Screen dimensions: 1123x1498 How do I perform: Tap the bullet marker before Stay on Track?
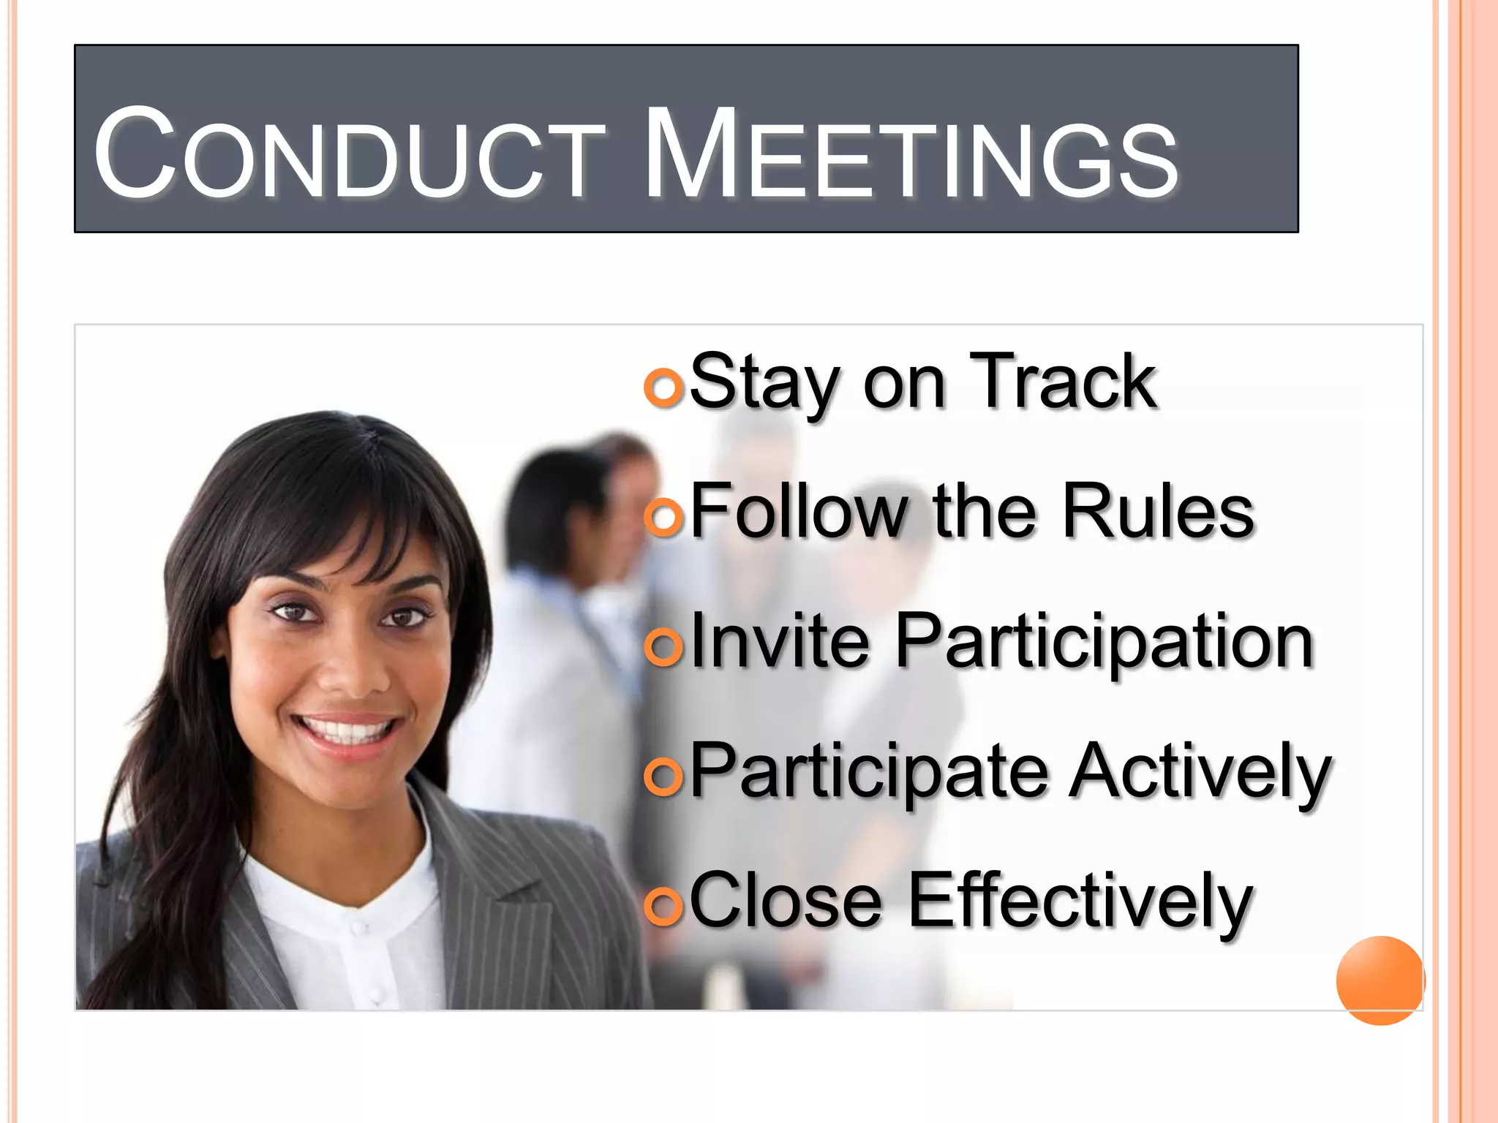[x=663, y=385]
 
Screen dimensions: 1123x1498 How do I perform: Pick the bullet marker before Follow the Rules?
[x=663, y=516]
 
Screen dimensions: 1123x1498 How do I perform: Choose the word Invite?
[x=780, y=641]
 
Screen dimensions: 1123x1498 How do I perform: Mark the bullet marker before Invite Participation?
[x=663, y=646]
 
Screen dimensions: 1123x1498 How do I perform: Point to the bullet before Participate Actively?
[x=663, y=776]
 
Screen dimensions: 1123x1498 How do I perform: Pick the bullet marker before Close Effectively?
[x=663, y=906]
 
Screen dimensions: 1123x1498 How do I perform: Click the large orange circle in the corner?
[x=1380, y=980]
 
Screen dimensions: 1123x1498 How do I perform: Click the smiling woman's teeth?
[x=347, y=730]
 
